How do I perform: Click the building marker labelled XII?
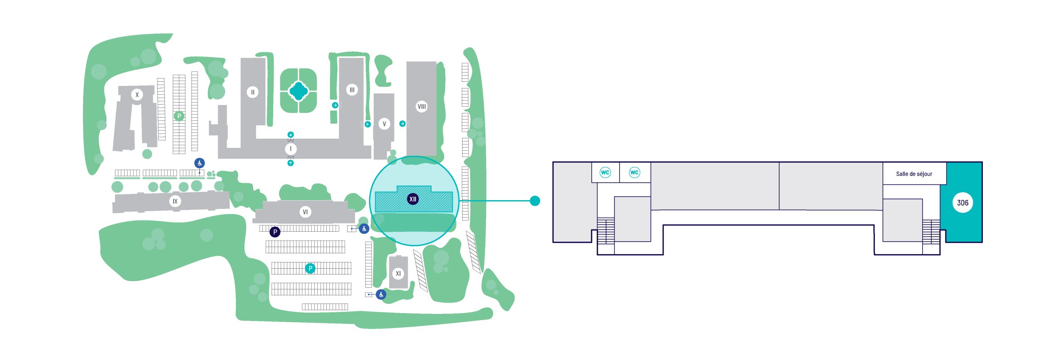click(x=412, y=199)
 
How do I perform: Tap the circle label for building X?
click(x=137, y=95)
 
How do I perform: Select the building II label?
click(x=252, y=92)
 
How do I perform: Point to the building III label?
click(x=352, y=90)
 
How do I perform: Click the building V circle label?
click(x=384, y=124)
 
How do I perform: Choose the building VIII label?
click(x=421, y=106)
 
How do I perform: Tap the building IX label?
click(x=175, y=201)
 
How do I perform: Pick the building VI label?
click(x=305, y=212)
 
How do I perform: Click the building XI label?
click(x=398, y=273)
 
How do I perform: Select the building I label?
click(x=291, y=149)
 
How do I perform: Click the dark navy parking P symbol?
click(x=275, y=232)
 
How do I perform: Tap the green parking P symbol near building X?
click(x=179, y=116)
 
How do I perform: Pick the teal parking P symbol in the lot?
click(x=310, y=268)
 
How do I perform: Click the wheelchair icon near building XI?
click(x=381, y=294)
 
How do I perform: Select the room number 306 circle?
click(x=963, y=203)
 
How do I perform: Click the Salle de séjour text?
click(x=914, y=174)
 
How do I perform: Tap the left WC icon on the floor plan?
click(x=605, y=172)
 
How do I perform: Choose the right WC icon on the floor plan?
click(x=634, y=172)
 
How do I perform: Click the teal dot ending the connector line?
click(x=535, y=201)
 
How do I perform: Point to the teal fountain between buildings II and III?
click(x=298, y=91)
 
